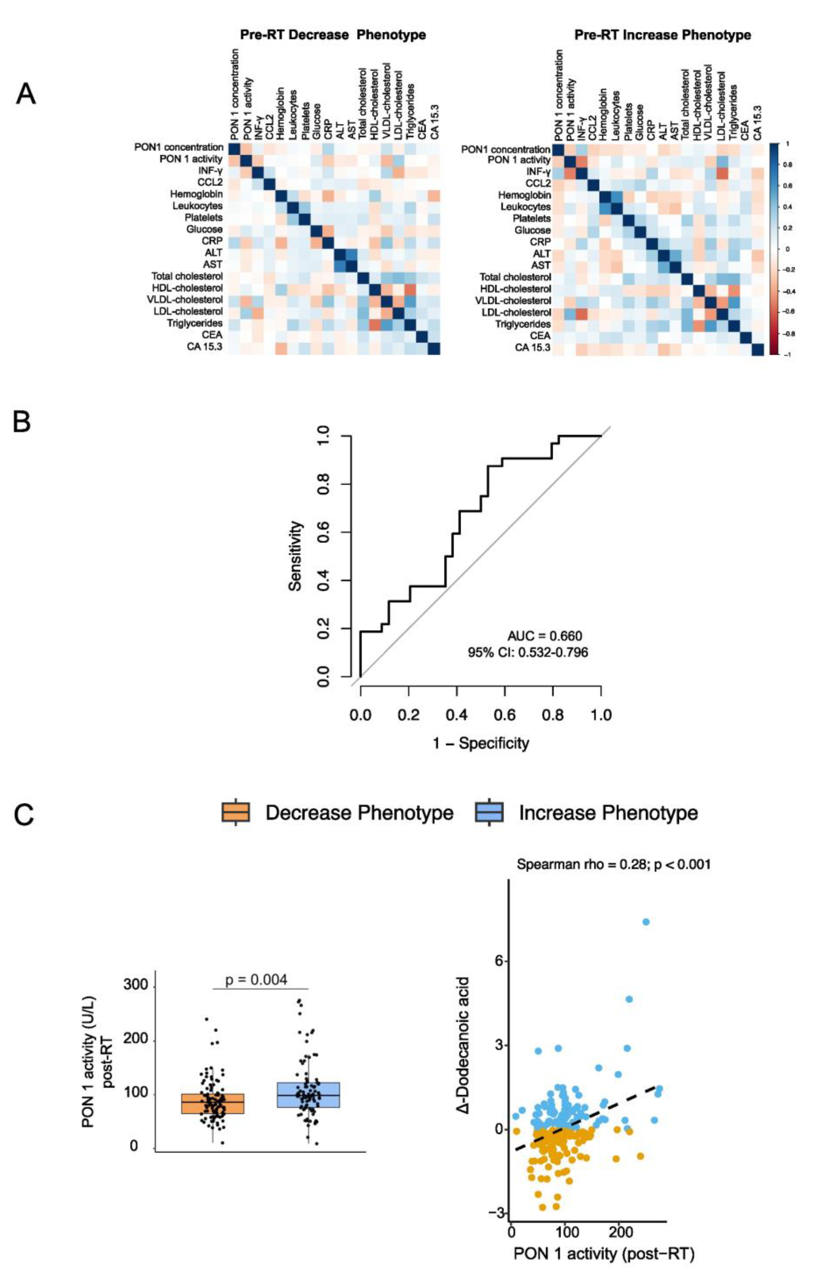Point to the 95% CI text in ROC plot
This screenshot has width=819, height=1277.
point(528,652)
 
